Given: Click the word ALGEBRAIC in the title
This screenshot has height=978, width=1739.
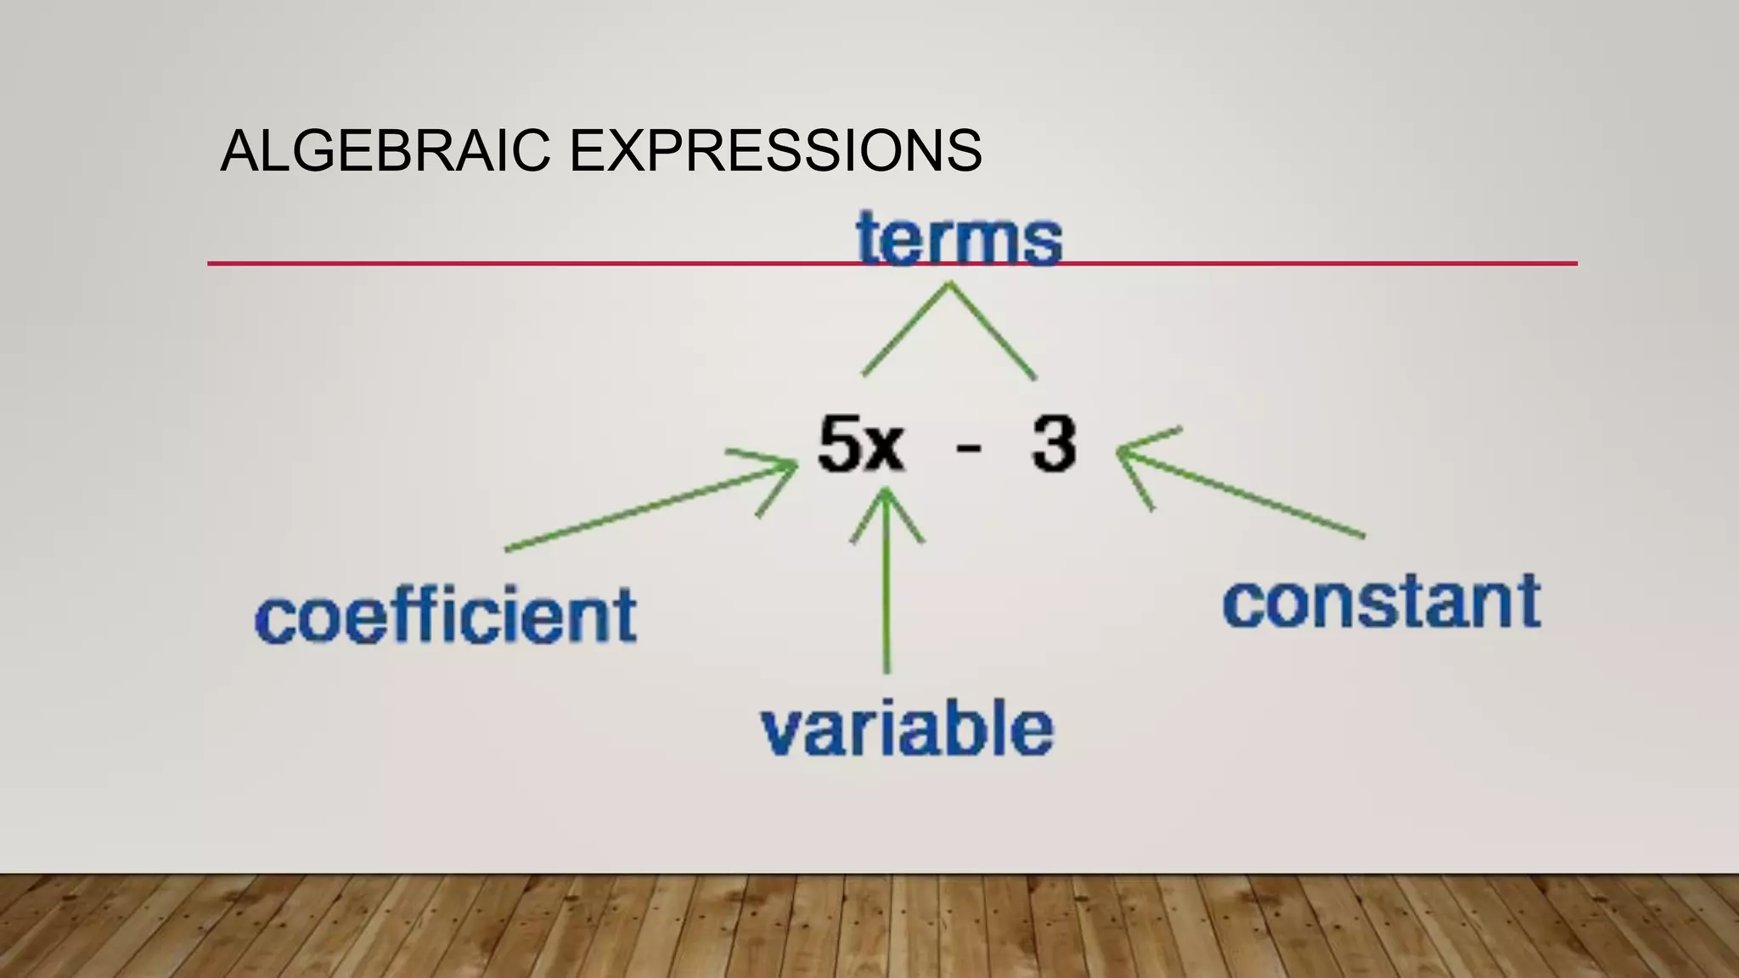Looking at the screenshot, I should (x=386, y=151).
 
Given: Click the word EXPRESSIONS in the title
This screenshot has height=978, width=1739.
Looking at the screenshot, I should (x=774, y=151).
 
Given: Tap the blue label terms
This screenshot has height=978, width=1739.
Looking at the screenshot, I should (x=959, y=239).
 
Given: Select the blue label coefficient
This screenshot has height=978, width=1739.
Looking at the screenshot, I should (x=446, y=615).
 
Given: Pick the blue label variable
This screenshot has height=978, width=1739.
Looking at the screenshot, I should (x=907, y=728).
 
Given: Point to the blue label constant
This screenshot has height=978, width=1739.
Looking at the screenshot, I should (x=1382, y=603).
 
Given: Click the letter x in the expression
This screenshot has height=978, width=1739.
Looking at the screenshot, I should (x=885, y=447).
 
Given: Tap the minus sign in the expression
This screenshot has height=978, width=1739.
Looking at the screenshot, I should (x=968, y=447).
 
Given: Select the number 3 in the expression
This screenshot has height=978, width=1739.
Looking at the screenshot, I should (x=1054, y=444).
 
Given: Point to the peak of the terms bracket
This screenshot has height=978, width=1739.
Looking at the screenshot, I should (x=949, y=285).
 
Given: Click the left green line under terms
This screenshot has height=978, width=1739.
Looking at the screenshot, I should (x=905, y=331).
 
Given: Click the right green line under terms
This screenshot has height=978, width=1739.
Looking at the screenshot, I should (x=993, y=333).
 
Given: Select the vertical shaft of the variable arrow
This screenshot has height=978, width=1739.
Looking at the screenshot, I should (x=886, y=594).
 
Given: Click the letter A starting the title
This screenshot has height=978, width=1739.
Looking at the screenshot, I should (x=237, y=151).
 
